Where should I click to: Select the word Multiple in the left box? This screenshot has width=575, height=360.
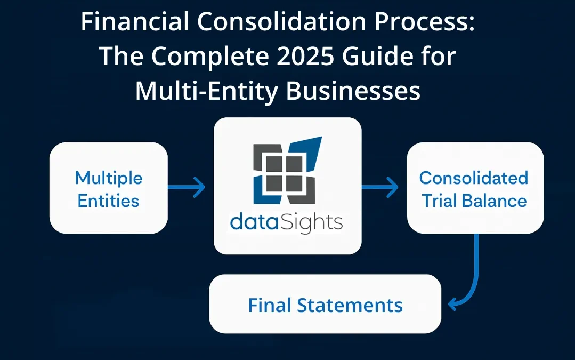[x=109, y=178]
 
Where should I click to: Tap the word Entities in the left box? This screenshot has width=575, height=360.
[x=109, y=201]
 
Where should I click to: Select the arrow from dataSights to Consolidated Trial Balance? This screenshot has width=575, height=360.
[x=380, y=187]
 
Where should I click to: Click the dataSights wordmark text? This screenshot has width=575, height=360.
[x=286, y=221]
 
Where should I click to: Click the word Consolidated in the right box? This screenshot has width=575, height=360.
[x=474, y=178]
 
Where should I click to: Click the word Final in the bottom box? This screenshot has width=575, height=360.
[x=269, y=306]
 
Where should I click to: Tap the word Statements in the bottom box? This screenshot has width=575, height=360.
[x=350, y=306]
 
